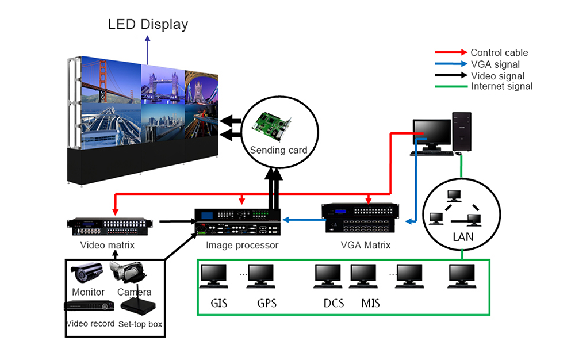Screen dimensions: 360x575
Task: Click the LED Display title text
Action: [148, 25]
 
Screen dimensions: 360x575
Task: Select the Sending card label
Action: [279, 150]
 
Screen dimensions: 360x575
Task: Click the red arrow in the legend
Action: [451, 53]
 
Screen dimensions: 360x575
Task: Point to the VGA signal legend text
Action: [495, 64]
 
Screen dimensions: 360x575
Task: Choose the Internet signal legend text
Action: [502, 86]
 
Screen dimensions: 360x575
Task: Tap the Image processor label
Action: [242, 246]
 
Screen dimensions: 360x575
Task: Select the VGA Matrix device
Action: [361, 218]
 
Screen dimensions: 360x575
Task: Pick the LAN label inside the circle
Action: [462, 237]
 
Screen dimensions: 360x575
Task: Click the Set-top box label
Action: [140, 324]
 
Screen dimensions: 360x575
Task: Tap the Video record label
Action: [90, 324]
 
